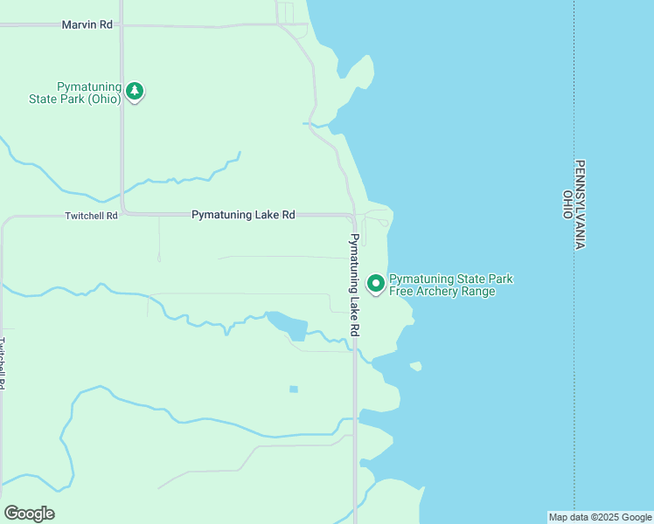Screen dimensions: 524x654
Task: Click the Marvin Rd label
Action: tap(87, 24)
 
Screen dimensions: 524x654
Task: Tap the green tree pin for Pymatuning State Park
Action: tap(134, 91)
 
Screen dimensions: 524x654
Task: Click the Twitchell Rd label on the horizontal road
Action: tap(91, 215)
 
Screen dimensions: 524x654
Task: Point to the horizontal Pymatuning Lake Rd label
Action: tap(243, 214)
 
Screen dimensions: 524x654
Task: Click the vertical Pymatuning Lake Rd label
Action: tap(354, 285)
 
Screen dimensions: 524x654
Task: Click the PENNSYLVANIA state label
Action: tap(579, 205)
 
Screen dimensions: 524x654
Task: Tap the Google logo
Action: tap(30, 514)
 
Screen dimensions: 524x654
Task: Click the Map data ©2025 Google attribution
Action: tap(600, 517)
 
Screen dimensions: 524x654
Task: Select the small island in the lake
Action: tap(415, 366)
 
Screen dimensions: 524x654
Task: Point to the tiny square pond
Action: tap(294, 389)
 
